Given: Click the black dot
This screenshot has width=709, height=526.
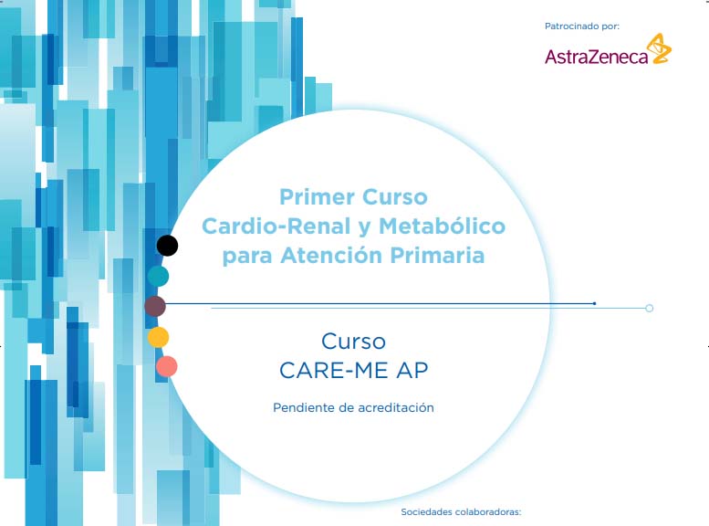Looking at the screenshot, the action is [x=167, y=246].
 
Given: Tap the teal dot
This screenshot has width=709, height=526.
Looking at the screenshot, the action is [x=158, y=276].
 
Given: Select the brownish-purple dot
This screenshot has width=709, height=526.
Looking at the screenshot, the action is [x=155, y=307].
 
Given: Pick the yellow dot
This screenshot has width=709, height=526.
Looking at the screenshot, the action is [x=158, y=337].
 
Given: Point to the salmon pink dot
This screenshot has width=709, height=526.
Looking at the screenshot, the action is [x=167, y=367].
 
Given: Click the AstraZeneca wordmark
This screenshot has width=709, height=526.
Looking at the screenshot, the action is [x=597, y=57].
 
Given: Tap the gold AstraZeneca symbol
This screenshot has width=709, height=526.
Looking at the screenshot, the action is [x=659, y=48].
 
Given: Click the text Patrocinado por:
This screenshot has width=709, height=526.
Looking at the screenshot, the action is [x=582, y=26].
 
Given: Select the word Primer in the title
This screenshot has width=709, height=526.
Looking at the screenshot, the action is [x=317, y=197].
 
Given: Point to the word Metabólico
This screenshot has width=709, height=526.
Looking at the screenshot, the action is [x=442, y=226].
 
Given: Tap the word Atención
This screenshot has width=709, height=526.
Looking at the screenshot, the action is [x=331, y=255].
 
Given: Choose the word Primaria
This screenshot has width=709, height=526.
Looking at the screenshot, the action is [x=437, y=255].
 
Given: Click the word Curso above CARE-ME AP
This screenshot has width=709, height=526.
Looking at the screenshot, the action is [x=354, y=342].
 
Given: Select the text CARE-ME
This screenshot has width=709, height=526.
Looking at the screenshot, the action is [x=334, y=371].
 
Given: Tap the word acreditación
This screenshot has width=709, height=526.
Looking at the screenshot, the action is [x=396, y=407].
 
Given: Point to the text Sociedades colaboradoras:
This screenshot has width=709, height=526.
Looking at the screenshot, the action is [x=461, y=512].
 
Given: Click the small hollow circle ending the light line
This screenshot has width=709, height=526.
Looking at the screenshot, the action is [x=650, y=309].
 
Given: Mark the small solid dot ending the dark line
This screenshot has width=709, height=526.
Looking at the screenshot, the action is [x=595, y=303].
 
